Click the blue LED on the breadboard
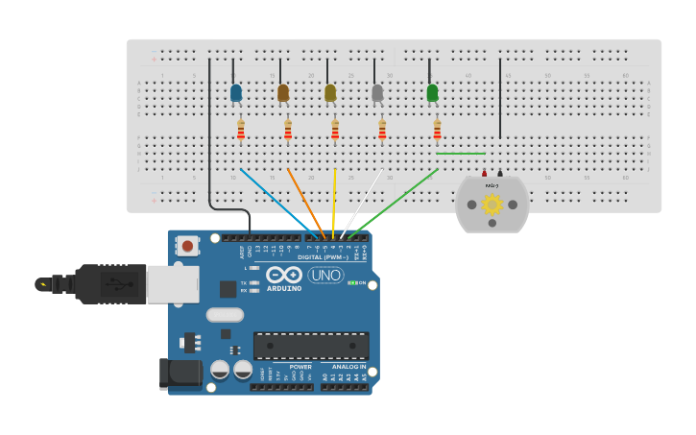(x=236, y=93)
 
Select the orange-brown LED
(x=283, y=93)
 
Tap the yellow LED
(x=330, y=93)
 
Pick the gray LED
(x=377, y=93)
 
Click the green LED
(x=432, y=93)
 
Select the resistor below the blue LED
(x=241, y=130)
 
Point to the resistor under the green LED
(x=437, y=130)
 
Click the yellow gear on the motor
(x=492, y=204)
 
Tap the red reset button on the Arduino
(x=187, y=247)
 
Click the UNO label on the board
(x=325, y=276)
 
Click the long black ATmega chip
(x=311, y=346)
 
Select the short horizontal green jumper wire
(x=461, y=153)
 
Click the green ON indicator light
(x=352, y=282)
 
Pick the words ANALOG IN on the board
(x=348, y=367)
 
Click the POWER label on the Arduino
(x=300, y=367)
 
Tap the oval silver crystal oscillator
(x=225, y=314)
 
